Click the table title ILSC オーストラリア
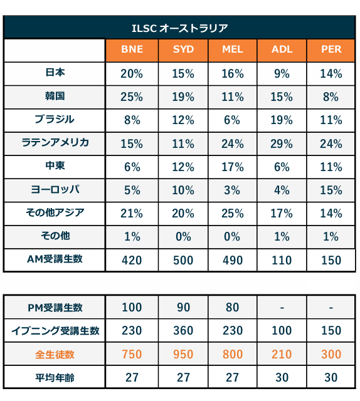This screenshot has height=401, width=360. coord(180,28)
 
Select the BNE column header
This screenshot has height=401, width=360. coord(132,49)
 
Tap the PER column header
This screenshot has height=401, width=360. coord(331,49)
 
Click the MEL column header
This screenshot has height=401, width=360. coord(233,49)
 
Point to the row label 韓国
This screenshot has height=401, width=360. coord(55,96)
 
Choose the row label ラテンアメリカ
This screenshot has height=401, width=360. coord(55,143)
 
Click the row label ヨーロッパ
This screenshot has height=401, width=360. coord(55,189)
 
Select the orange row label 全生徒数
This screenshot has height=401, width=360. coord(55,355)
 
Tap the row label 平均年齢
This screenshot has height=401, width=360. coord(55,377)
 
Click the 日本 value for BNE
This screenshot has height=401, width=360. coord(132,74)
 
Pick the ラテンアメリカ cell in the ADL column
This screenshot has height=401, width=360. coord(282,143)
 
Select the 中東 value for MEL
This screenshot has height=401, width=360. coord(233,167)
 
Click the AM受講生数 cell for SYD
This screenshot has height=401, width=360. coord(183,261)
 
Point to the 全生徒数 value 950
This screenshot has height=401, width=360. coord(183,355)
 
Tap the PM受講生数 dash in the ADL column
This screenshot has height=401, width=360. coord(282,308)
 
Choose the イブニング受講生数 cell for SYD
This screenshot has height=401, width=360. coord(183,331)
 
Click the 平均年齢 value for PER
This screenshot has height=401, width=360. coord(331,378)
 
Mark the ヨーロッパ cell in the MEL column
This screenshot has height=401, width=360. coord(232,190)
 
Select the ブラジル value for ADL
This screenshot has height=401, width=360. coord(282,120)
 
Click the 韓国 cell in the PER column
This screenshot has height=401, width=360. coord(331,97)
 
